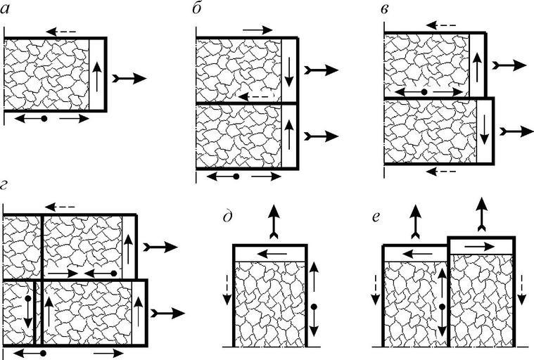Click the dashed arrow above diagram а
click(x=61, y=31)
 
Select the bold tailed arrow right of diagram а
click(x=129, y=77)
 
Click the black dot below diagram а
click(x=44, y=119)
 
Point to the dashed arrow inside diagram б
click(x=253, y=96)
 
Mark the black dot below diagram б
click(x=236, y=177)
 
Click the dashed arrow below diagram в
click(x=442, y=170)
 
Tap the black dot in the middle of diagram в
click(x=424, y=92)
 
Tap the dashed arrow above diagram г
click(x=60, y=207)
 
